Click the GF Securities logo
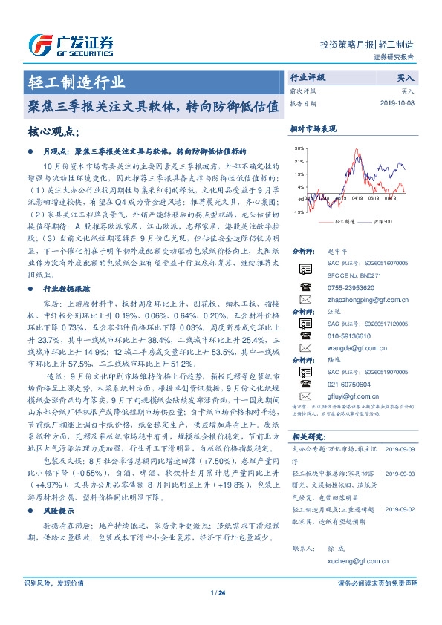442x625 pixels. (x=71, y=45)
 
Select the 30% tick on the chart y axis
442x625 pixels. (x=299, y=148)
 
